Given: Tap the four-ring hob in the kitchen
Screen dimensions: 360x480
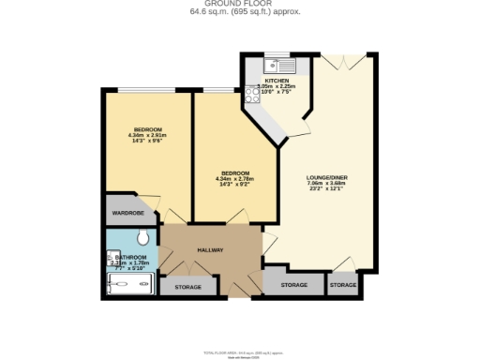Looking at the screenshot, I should (x=251, y=95).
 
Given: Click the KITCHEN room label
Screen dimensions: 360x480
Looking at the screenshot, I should (x=276, y=82).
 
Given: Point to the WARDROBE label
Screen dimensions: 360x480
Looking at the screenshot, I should (x=127, y=213).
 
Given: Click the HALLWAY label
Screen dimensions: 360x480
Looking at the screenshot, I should (x=210, y=248).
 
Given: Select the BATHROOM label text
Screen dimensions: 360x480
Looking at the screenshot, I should (x=131, y=257).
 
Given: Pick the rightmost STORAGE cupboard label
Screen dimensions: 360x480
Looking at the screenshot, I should (x=343, y=284).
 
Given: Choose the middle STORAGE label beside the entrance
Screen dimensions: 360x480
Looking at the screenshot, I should (x=294, y=284).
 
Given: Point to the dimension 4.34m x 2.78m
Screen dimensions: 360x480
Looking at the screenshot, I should (x=234, y=179).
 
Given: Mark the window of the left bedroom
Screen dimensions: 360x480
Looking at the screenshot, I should (x=143, y=90).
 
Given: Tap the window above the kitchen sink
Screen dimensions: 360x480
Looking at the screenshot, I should (x=277, y=54).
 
